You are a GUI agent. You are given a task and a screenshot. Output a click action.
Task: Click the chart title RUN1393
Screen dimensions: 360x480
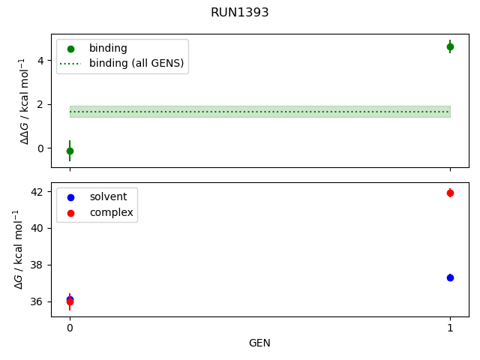pyautogui.click(x=240, y=13)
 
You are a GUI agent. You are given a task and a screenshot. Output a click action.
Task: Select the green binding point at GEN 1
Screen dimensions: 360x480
pyautogui.click(x=450, y=46)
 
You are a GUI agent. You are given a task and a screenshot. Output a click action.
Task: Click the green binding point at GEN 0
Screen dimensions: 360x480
pyautogui.click(x=70, y=151)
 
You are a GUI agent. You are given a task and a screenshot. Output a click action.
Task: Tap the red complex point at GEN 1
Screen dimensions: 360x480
pyautogui.click(x=450, y=193)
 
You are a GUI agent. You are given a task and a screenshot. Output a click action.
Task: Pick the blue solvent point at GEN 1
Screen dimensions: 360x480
pyautogui.click(x=450, y=277)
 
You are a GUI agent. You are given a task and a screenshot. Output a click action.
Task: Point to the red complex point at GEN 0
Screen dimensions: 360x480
pyautogui.click(x=70, y=302)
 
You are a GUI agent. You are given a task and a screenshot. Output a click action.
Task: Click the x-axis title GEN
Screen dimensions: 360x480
pyautogui.click(x=259, y=343)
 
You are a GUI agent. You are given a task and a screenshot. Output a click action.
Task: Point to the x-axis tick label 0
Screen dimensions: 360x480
pyautogui.click(x=70, y=328)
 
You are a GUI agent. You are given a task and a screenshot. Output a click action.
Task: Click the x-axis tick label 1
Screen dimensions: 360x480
pyautogui.click(x=450, y=328)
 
